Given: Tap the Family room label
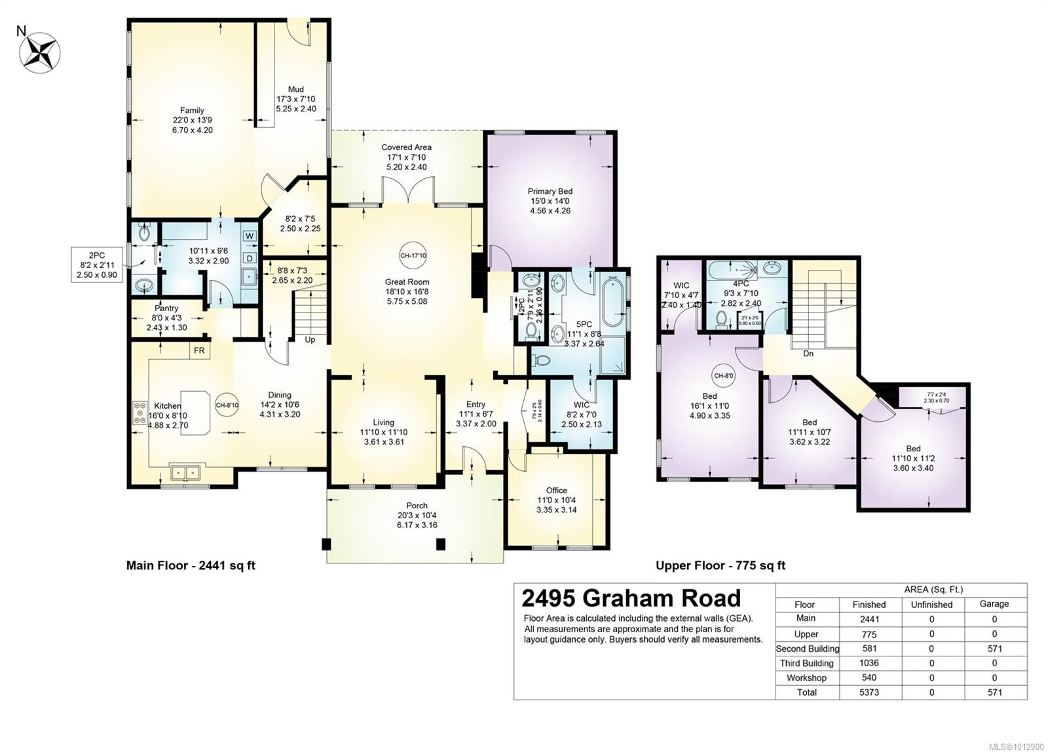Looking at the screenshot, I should click(x=192, y=110).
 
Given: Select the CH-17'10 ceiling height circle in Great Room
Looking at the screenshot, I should click(x=413, y=255).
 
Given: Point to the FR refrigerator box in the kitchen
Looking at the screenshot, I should click(x=199, y=351).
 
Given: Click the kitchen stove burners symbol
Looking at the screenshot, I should click(x=140, y=413).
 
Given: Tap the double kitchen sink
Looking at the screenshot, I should click(x=185, y=472).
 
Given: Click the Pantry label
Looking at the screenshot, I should click(x=166, y=308).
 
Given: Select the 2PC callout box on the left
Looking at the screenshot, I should click(x=98, y=265).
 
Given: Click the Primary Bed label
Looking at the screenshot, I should click(x=550, y=191).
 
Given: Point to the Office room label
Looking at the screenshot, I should click(x=556, y=490).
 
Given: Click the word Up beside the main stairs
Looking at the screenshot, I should click(x=310, y=340).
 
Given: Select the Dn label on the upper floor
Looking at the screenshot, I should click(x=808, y=354).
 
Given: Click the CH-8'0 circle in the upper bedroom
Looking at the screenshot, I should click(x=723, y=376).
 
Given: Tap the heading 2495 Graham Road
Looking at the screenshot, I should click(x=631, y=598).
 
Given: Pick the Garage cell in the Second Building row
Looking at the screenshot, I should click(x=994, y=649).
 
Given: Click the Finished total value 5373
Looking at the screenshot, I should click(x=869, y=692).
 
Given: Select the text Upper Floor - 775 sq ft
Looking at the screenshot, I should click(x=720, y=565).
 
